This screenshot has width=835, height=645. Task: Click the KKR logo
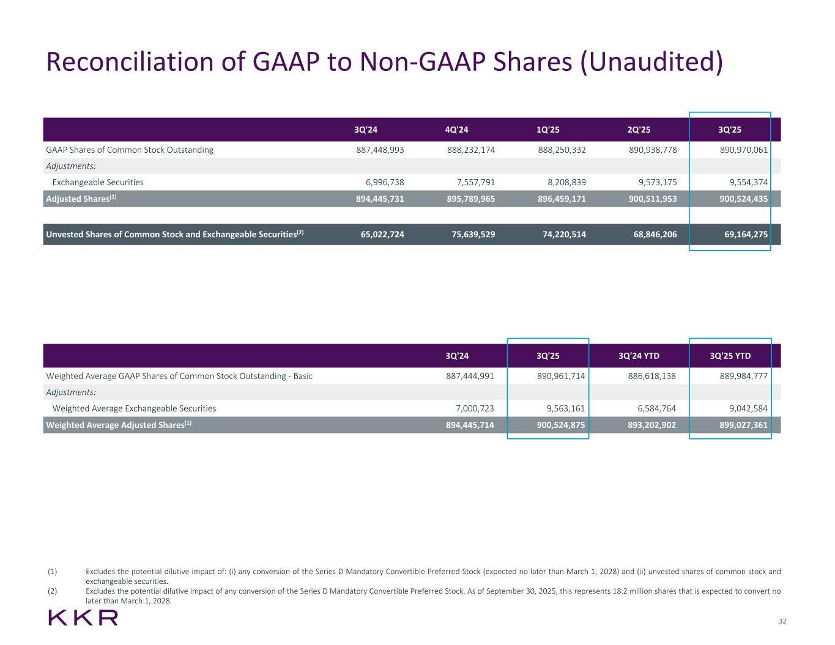[x=83, y=617]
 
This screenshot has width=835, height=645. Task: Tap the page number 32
[x=782, y=621]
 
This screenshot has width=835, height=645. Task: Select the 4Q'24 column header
[x=456, y=130]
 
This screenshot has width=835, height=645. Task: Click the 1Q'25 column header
[x=547, y=130]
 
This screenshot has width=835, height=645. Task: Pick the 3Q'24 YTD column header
[x=639, y=356]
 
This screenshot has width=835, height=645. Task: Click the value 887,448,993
[x=380, y=150]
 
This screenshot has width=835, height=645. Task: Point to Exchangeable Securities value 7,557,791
[x=471, y=182]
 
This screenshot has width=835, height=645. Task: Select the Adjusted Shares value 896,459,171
[x=562, y=199]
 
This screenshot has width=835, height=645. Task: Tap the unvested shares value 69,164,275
[x=743, y=234]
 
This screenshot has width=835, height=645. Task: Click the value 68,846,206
[x=653, y=234]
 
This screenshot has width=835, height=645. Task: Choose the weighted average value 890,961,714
[x=561, y=376]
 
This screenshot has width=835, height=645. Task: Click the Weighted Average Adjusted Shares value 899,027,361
[x=743, y=425]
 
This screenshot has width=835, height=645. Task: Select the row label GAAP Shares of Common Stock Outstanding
[x=130, y=150]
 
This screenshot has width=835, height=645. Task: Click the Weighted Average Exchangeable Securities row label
[x=134, y=408]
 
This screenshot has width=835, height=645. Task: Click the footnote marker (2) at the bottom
[x=52, y=591]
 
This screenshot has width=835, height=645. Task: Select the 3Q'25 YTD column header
[x=730, y=356]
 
